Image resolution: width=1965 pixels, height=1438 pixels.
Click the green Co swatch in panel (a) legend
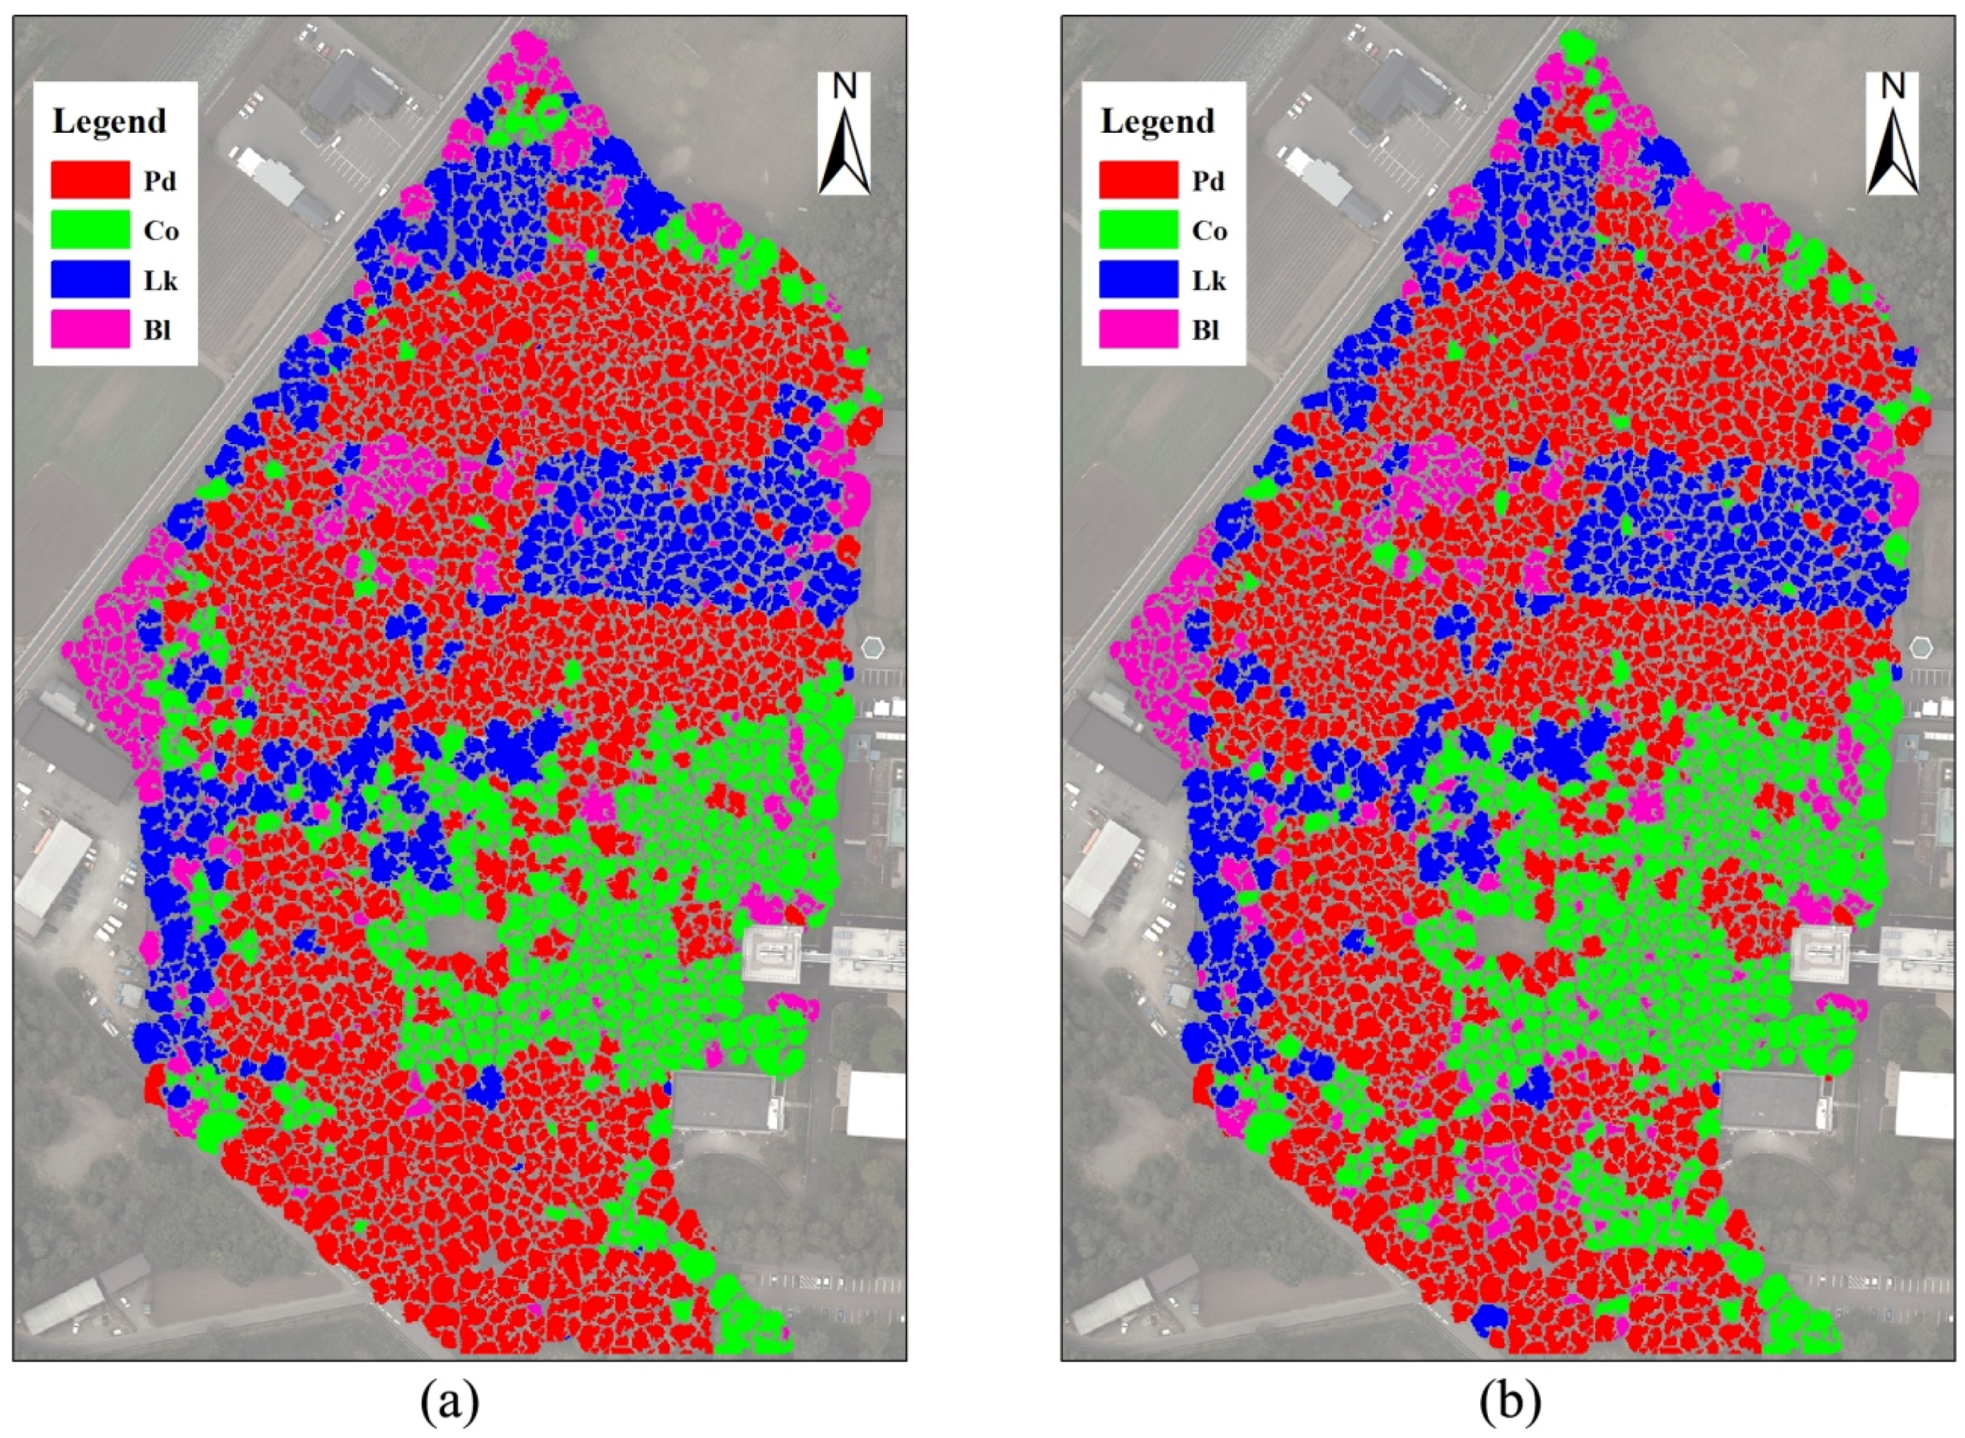point(90,230)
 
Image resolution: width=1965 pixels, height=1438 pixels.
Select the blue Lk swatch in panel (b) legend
point(1138,280)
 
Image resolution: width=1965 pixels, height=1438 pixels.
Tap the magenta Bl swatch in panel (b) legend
point(1138,330)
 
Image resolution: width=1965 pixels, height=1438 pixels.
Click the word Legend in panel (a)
point(109,121)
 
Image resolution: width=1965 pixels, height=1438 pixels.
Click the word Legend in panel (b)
point(1156,121)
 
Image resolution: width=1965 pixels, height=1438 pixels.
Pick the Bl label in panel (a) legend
point(158,331)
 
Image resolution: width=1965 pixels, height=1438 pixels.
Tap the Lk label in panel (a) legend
point(160,281)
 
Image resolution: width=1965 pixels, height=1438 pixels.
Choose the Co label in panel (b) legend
point(1209,231)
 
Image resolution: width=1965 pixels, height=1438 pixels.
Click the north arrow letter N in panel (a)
point(844,86)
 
